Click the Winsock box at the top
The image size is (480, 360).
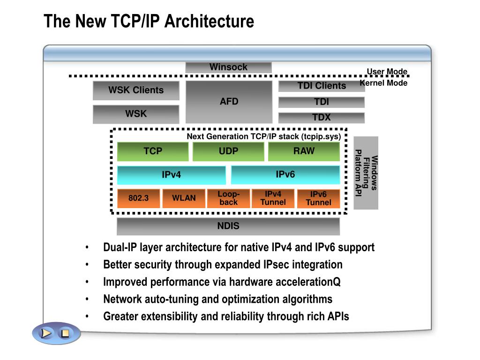click(x=228, y=67)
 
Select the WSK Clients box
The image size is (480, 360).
click(x=136, y=90)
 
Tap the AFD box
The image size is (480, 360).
click(x=229, y=102)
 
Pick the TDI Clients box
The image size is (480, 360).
click(x=322, y=86)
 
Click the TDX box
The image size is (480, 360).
click(x=322, y=117)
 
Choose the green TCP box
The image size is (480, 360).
click(x=153, y=151)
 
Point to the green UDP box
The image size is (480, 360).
click(x=228, y=151)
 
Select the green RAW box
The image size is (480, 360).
click(x=304, y=151)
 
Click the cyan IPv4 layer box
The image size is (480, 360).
click(x=171, y=175)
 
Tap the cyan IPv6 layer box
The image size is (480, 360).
click(x=285, y=174)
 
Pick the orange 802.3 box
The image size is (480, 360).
click(x=138, y=198)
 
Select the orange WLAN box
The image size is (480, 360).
click(x=184, y=198)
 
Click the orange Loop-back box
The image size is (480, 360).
click(x=228, y=198)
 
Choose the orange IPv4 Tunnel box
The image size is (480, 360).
click(x=273, y=198)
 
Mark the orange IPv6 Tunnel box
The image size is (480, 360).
click(x=318, y=198)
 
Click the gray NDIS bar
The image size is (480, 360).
click(x=228, y=226)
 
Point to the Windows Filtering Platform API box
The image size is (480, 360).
click(x=366, y=173)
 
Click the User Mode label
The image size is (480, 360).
click(x=387, y=72)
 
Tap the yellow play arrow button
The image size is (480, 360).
click(x=46, y=333)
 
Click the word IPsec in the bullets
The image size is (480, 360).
click(x=276, y=264)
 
